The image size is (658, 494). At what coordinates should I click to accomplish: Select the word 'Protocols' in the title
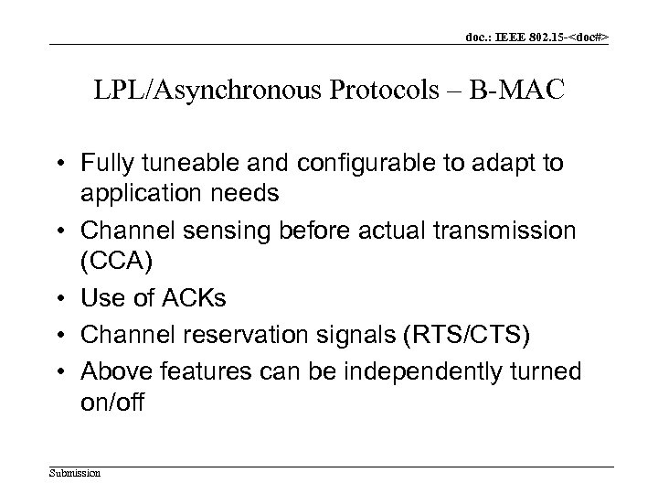pos(335,93)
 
